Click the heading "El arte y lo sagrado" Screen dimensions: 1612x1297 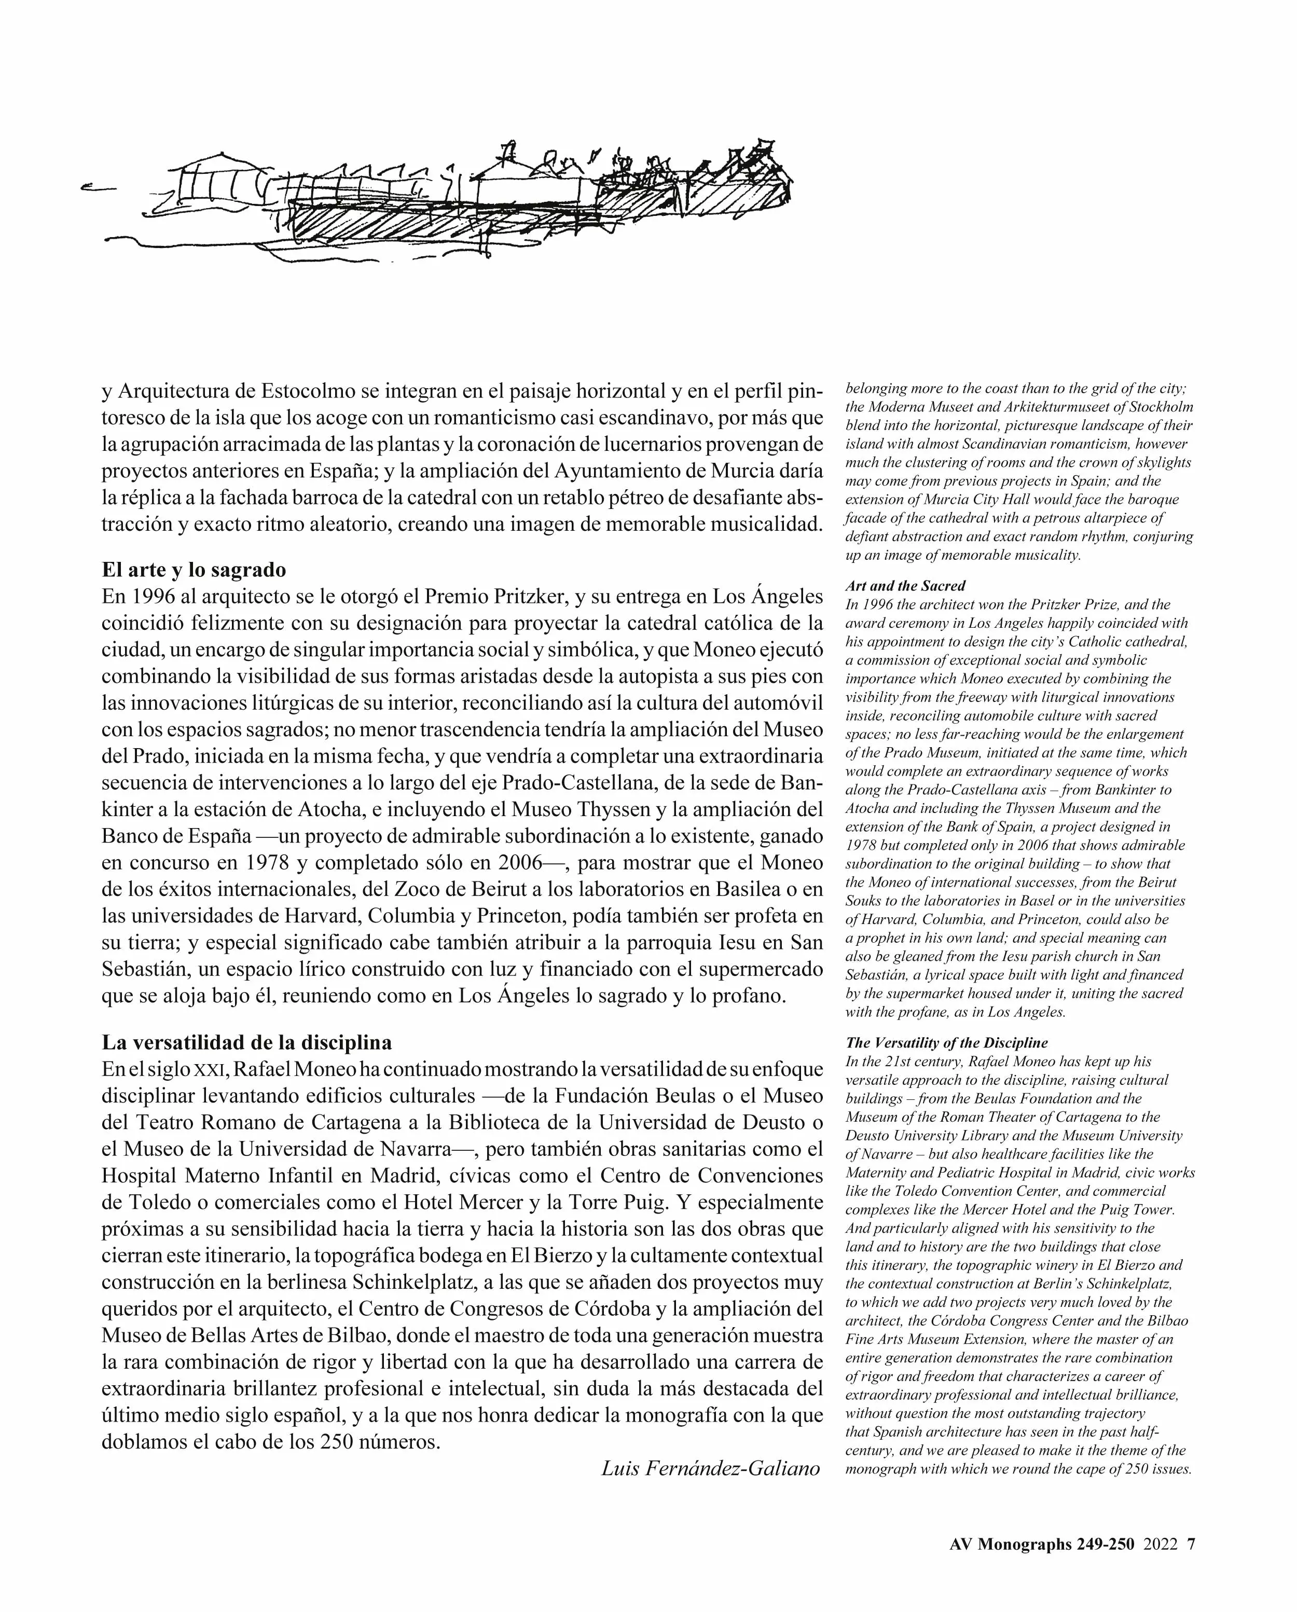pos(194,570)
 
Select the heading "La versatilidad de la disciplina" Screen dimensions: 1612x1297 pos(247,1042)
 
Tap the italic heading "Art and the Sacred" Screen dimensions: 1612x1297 pos(905,586)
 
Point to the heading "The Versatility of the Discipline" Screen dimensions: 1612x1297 pos(946,1043)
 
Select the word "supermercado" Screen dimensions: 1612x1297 pos(760,969)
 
